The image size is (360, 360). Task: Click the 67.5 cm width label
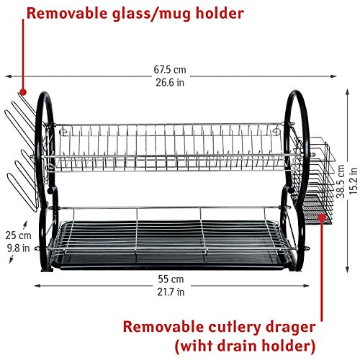pos(170,70)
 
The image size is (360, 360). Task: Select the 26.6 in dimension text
pos(170,83)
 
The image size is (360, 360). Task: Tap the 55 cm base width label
pos(171,279)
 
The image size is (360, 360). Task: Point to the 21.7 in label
pos(171,292)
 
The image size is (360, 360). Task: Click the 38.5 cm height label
pos(341,181)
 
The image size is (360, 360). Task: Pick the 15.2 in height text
pos(353,181)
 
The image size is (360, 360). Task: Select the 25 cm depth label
pos(19,235)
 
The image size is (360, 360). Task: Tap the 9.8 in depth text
pos(19,248)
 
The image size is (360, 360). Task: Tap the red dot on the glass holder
pos(23,92)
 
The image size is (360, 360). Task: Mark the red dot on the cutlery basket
pos(322,217)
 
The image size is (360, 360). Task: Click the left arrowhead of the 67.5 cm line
pos(8,76)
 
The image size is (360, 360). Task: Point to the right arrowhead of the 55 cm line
pos(307,286)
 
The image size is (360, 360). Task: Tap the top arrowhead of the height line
pos(347,91)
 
